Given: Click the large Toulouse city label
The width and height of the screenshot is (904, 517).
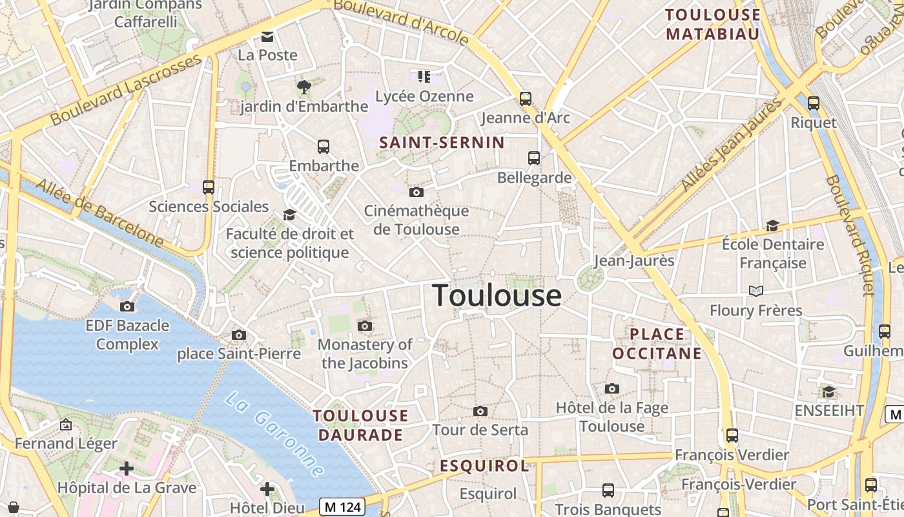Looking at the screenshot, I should [497, 295].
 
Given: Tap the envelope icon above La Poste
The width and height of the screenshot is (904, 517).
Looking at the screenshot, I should [267, 37].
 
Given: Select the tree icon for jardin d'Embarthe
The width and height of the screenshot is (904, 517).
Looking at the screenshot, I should [303, 87].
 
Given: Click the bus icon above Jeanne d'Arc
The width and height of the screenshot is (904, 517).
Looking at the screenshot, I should [526, 99].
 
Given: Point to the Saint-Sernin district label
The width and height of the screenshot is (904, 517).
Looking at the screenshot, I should [442, 143].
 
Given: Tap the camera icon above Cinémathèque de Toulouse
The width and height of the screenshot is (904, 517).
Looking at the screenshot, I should [416, 192].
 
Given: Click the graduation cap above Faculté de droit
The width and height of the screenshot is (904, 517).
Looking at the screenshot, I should [289, 215].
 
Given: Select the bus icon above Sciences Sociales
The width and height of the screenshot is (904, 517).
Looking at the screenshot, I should [208, 187].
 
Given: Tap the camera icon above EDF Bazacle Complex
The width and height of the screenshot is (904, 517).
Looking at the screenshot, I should [127, 306].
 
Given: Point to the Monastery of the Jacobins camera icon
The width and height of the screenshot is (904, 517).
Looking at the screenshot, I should [365, 326].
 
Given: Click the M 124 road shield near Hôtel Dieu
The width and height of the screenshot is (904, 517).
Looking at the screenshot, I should [342, 507].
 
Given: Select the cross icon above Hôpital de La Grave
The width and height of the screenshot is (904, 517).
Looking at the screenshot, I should [127, 468].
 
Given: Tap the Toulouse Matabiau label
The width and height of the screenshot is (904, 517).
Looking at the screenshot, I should [713, 24].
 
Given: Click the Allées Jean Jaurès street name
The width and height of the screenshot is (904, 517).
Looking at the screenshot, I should [731, 144].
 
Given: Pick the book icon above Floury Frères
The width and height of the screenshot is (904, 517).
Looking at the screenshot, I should [756, 291].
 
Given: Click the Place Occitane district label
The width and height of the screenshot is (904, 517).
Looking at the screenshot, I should [657, 344].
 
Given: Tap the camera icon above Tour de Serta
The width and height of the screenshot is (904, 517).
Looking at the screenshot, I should [480, 411].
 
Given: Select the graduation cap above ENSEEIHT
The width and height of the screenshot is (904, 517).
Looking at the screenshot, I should [828, 392].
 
